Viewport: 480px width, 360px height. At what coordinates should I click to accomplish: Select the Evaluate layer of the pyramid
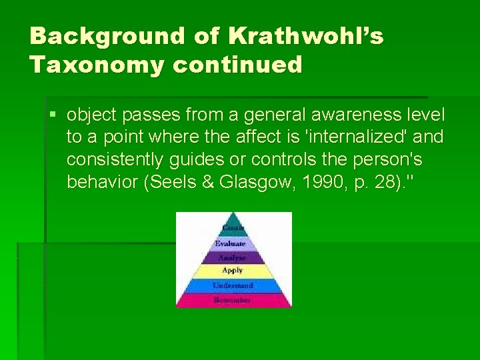[232, 244]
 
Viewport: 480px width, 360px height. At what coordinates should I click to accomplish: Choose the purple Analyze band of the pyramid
[232, 257]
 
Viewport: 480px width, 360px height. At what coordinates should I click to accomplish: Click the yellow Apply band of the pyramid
[232, 271]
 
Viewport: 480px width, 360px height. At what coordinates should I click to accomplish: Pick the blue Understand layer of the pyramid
[232, 285]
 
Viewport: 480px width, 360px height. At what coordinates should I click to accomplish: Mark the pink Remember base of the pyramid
[232, 300]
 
